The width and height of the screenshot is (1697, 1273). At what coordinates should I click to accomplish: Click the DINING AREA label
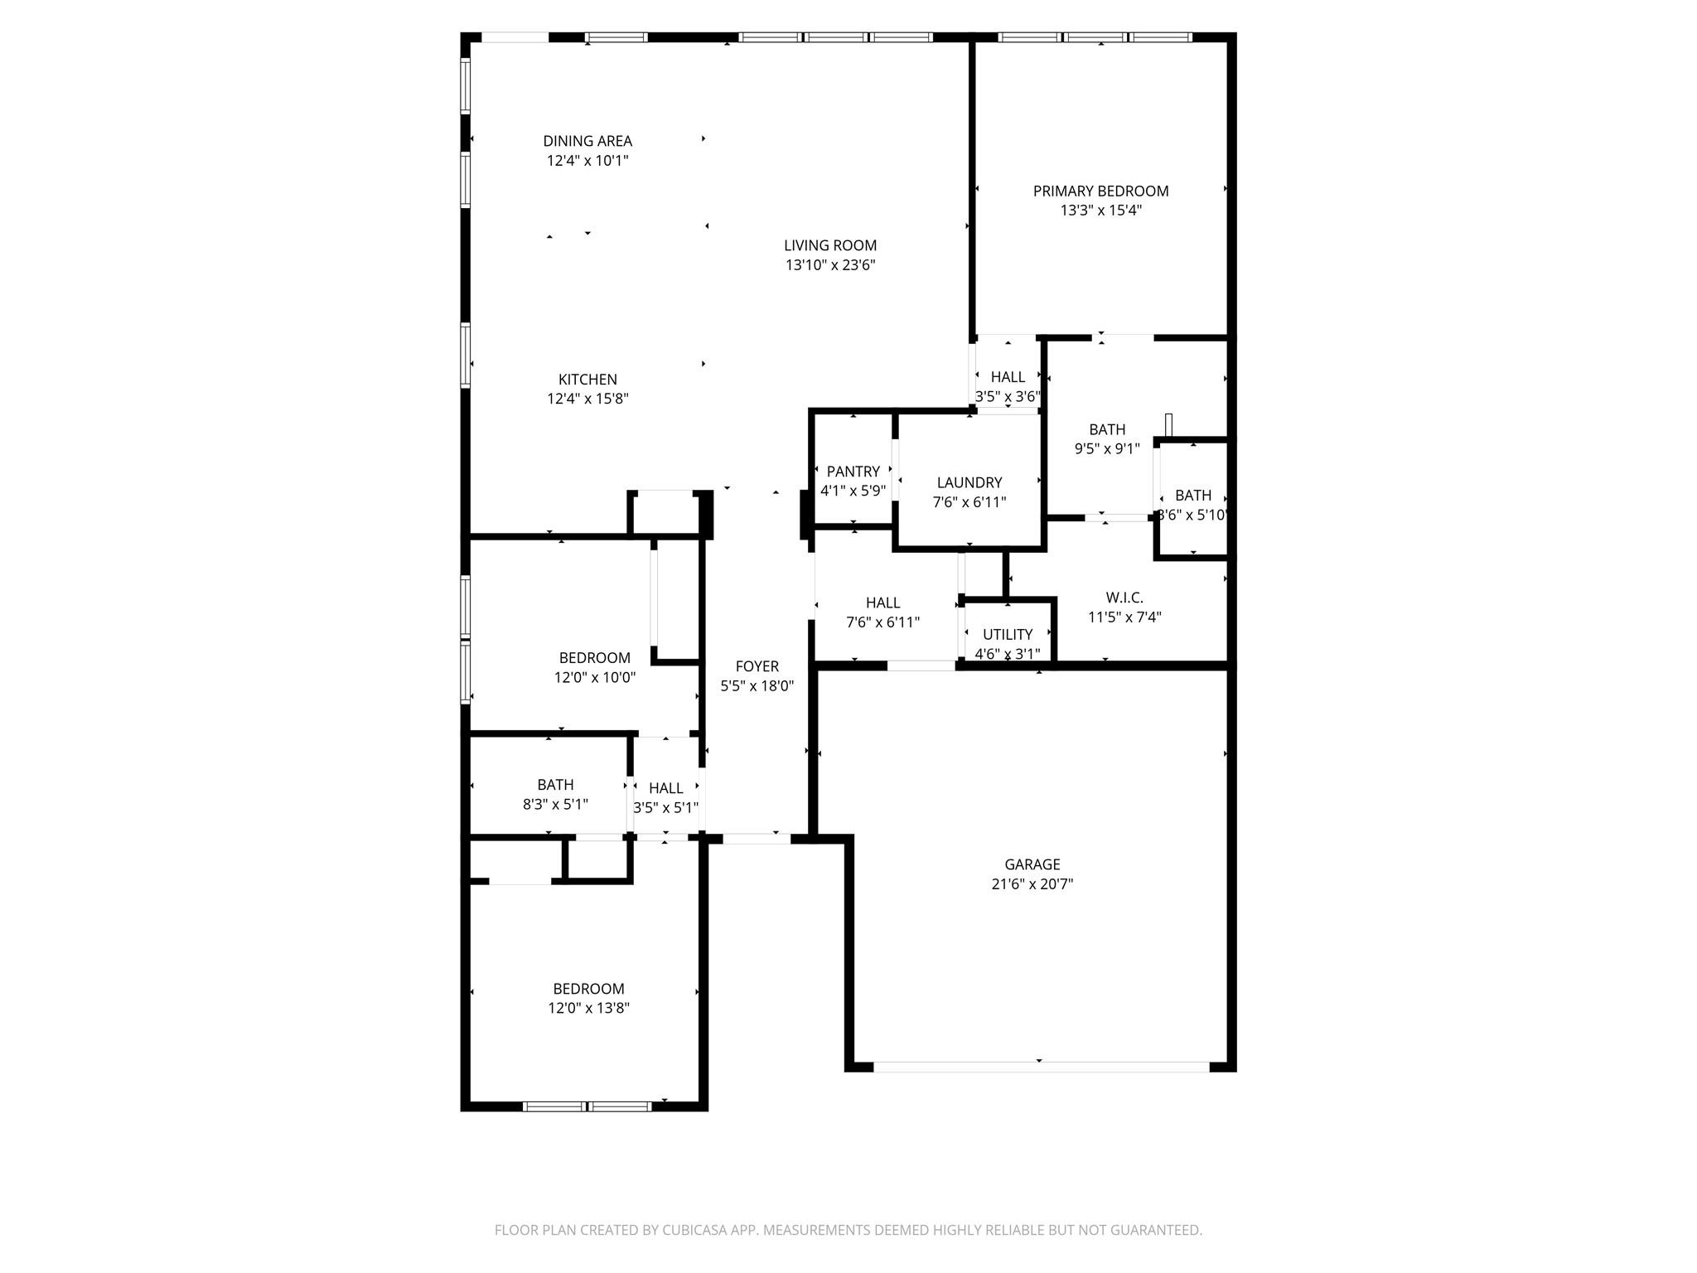tap(587, 141)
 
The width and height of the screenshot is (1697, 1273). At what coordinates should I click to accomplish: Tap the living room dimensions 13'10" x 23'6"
tap(830, 265)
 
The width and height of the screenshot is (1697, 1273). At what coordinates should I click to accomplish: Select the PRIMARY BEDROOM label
tap(1100, 191)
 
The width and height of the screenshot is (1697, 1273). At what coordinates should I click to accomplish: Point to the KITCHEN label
tap(587, 380)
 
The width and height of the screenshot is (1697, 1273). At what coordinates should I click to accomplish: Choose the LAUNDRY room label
tap(969, 482)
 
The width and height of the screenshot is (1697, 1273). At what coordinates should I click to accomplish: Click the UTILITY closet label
tap(1008, 635)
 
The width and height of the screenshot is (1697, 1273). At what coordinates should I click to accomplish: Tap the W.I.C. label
tap(1124, 598)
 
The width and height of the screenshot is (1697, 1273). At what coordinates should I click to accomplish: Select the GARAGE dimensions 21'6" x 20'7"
tap(1032, 884)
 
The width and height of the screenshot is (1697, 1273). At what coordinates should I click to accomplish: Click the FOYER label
tap(757, 666)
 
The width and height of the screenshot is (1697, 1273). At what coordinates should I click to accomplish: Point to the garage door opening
tap(1041, 1067)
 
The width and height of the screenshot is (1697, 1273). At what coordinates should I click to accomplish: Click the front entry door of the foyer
tap(756, 839)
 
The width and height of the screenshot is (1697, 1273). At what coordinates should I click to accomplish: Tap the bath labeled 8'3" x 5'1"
tap(555, 794)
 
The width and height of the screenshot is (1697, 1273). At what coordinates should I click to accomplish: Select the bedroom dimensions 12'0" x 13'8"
tap(587, 1009)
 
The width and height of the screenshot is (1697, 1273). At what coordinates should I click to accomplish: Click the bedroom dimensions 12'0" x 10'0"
tap(594, 677)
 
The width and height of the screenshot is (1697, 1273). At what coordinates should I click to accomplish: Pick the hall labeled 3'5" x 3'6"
tap(1008, 386)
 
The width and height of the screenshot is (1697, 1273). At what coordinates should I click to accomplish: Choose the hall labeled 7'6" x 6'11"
tap(882, 612)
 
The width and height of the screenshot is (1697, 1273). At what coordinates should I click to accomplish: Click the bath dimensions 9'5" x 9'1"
tap(1107, 449)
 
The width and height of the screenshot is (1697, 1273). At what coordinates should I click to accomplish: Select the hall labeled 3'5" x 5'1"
tap(665, 797)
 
